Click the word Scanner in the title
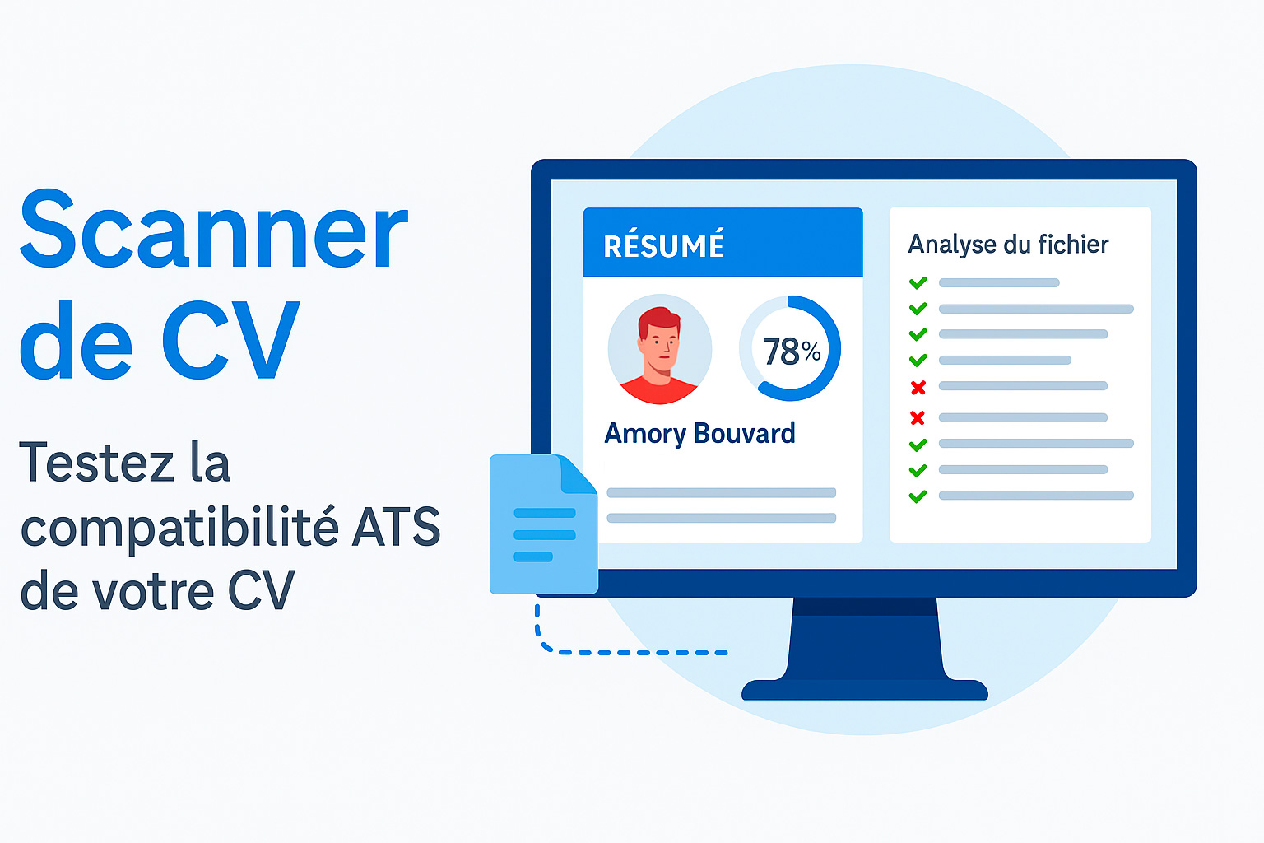coord(214,229)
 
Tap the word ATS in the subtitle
coord(396,527)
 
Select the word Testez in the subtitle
coord(96,462)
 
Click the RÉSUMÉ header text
coord(663,245)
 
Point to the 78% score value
coord(792,352)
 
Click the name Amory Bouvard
coord(699,434)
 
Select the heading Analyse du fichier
coord(1008,245)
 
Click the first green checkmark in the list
coord(918,282)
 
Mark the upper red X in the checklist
coord(918,388)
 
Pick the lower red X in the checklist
coord(918,418)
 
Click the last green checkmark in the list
coord(918,496)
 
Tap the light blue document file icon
coord(543,524)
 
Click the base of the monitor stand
coord(865,689)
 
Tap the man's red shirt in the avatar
coord(658,390)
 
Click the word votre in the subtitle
coord(153,593)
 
